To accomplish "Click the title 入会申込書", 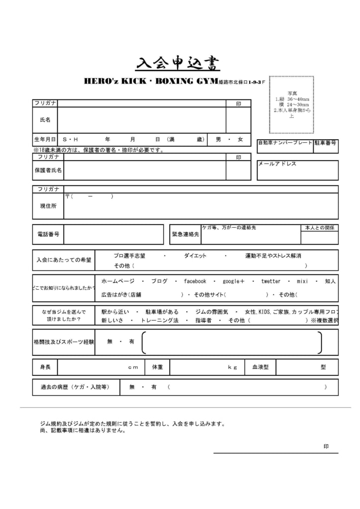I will pyautogui.click(x=178, y=63).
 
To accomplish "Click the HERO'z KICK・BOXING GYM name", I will pyautogui.click(x=151, y=81).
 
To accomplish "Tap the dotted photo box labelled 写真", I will pyautogui.click(x=291, y=104).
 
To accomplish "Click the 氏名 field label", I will pyautogui.click(x=45, y=120).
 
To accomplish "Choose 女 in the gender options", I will pyautogui.click(x=241, y=140).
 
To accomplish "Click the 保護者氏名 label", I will pyautogui.click(x=48, y=170).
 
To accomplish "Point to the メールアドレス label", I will pyautogui.click(x=277, y=164).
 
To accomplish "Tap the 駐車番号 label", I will pyautogui.click(x=326, y=143).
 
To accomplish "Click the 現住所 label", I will pyautogui.click(x=48, y=206).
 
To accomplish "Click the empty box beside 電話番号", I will pyautogui.click(x=113, y=234).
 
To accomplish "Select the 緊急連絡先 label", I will pyautogui.click(x=185, y=234).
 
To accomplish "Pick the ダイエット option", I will pyautogui.click(x=195, y=255).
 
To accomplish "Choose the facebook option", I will pyautogui.click(x=195, y=281).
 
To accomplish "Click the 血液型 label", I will pyautogui.click(x=260, y=367).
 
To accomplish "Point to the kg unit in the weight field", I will pyautogui.click(x=232, y=367).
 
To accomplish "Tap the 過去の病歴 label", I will pyautogui.click(x=75, y=387).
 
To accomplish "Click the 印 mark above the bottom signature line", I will pyautogui.click(x=326, y=446).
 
